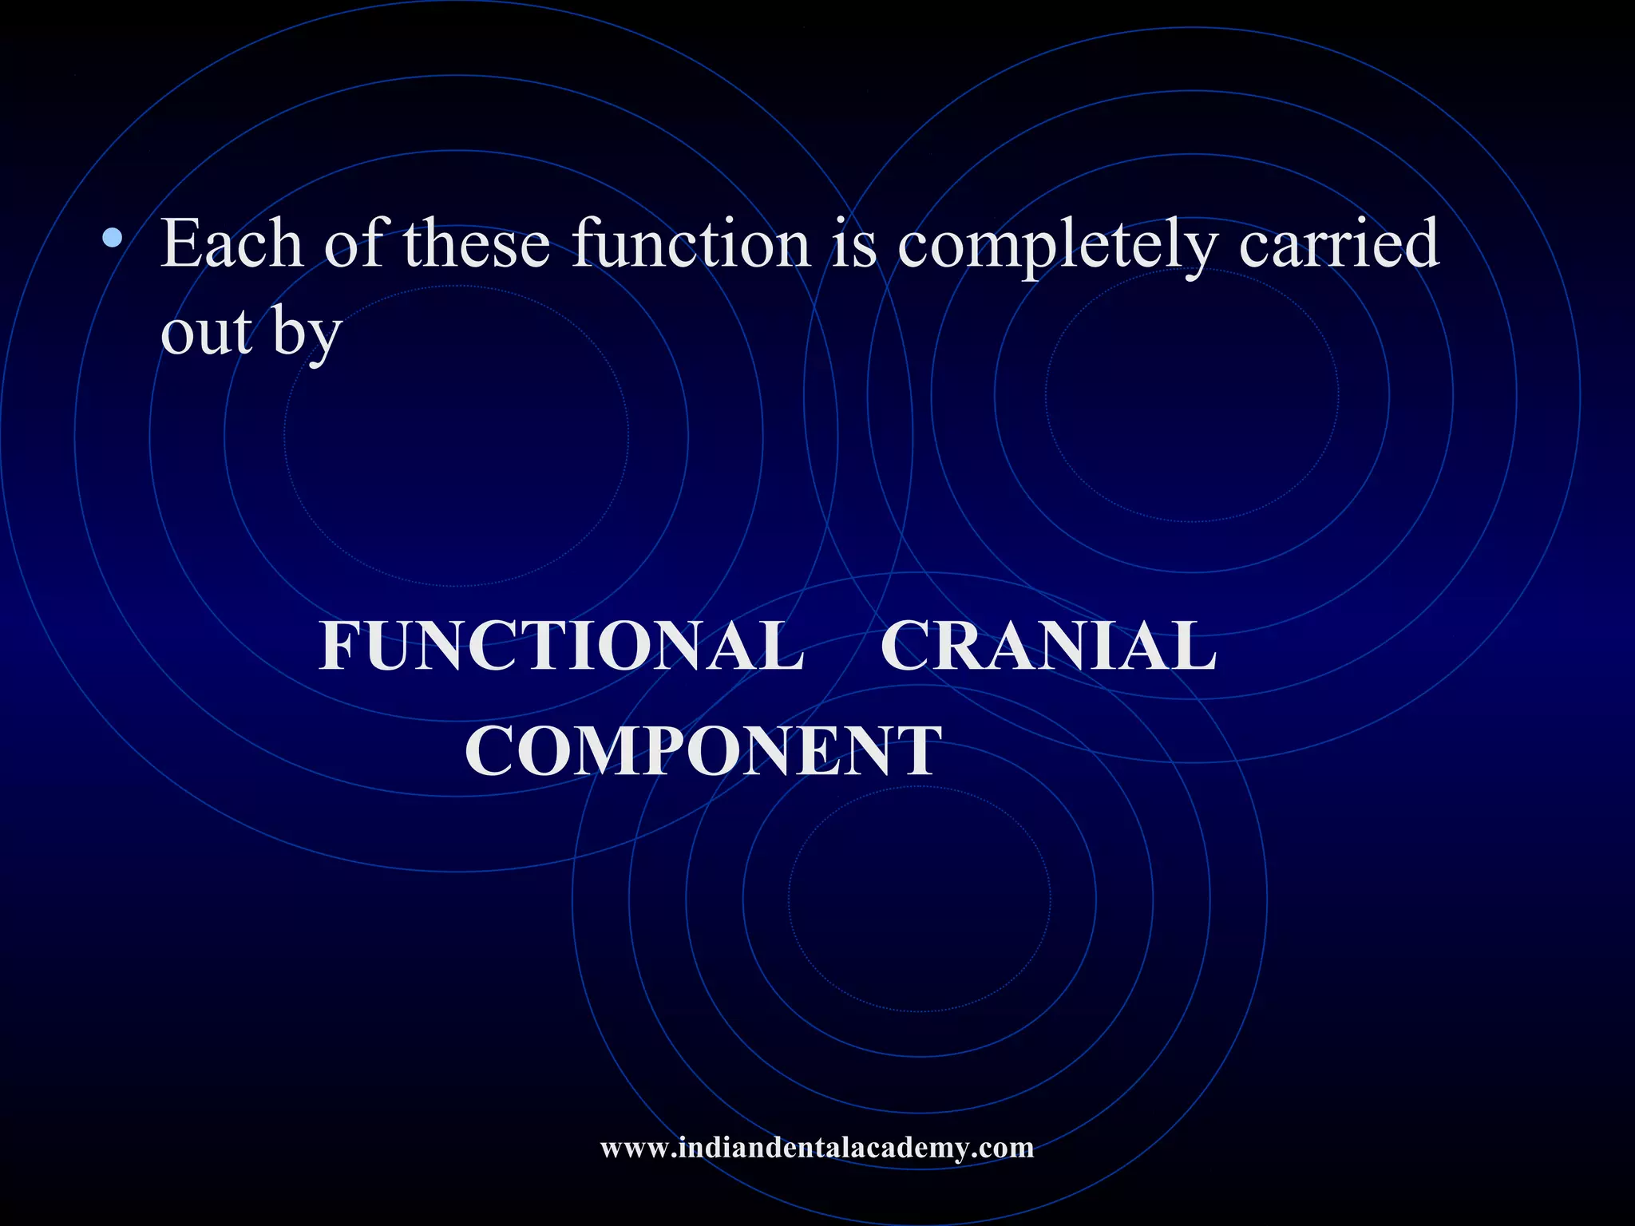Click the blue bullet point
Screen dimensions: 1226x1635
(x=113, y=237)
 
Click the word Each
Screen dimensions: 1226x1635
(x=232, y=243)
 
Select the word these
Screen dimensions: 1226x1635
(x=477, y=243)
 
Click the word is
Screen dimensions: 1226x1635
(x=853, y=243)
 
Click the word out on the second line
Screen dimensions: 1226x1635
(x=207, y=331)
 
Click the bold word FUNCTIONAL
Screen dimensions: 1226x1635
(x=561, y=646)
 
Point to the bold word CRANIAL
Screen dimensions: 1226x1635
(x=1048, y=646)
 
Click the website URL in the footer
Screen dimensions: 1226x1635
(x=817, y=1148)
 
